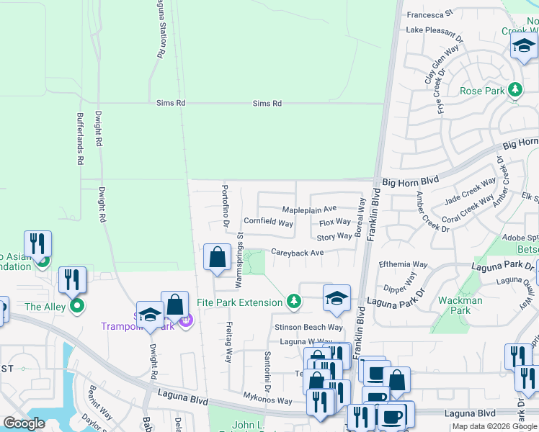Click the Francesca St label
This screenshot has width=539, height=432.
click(429, 14)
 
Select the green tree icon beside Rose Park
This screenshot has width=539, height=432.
click(515, 91)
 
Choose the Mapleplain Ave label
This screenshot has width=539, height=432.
click(309, 209)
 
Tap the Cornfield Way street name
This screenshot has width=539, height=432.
click(268, 223)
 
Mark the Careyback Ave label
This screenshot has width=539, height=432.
click(297, 253)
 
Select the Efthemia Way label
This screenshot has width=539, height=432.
click(404, 265)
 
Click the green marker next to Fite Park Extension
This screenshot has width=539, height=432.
click(293, 301)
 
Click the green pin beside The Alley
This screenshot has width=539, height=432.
click(77, 307)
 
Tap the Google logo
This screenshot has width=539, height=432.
click(24, 423)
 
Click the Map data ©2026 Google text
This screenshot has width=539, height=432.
click(494, 426)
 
